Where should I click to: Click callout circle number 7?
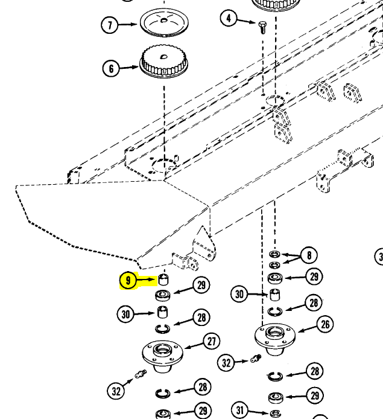[x=110, y=25]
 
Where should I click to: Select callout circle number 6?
[x=111, y=69]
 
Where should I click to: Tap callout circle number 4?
[x=229, y=18]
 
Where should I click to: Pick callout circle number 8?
[x=309, y=255]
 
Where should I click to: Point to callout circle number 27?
[x=212, y=342]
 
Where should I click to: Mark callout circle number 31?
[x=240, y=411]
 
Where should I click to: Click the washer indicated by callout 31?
[x=274, y=413]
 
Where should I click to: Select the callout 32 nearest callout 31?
[x=227, y=363]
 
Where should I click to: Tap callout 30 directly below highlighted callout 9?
[x=126, y=314]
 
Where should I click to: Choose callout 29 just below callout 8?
[x=313, y=277]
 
